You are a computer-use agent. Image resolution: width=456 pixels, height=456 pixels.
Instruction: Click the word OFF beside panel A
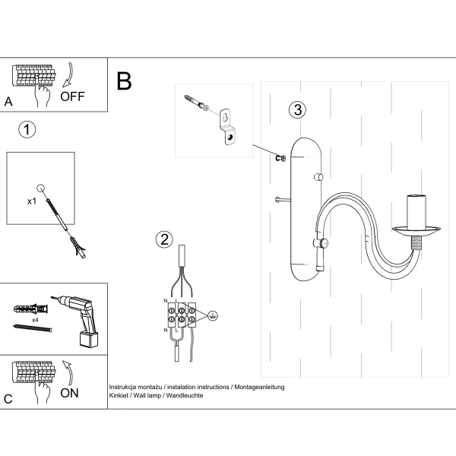pos(74,97)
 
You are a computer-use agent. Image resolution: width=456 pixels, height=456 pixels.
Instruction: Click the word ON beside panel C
pos(69,394)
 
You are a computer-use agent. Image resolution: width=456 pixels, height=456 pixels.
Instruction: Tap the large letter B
pos(125,81)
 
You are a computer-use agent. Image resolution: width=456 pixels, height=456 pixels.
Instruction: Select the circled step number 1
pos(27,129)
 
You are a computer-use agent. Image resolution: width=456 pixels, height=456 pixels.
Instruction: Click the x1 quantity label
pos(32,202)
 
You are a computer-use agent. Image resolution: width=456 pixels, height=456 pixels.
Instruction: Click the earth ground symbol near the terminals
pos(213,315)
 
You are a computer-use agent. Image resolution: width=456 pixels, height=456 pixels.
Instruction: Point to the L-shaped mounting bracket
pos(228,125)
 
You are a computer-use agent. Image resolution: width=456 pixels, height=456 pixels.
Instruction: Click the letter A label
pos(8,101)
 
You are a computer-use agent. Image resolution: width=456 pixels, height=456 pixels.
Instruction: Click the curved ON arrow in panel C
pos(66,374)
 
